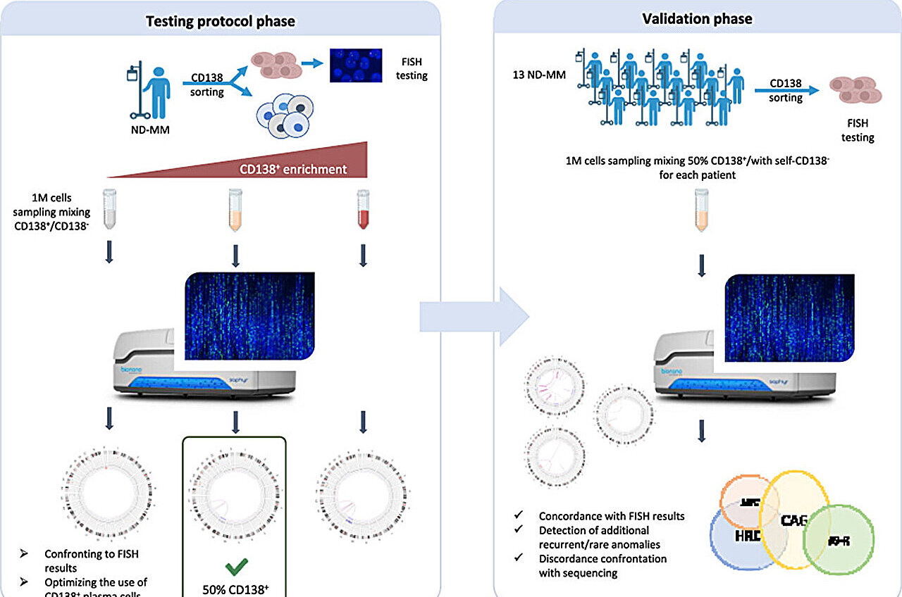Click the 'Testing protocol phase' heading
coord(220,21)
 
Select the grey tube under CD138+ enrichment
coord(109,210)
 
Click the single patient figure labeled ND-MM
coord(157,92)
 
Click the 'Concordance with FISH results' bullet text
coord(611,516)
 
